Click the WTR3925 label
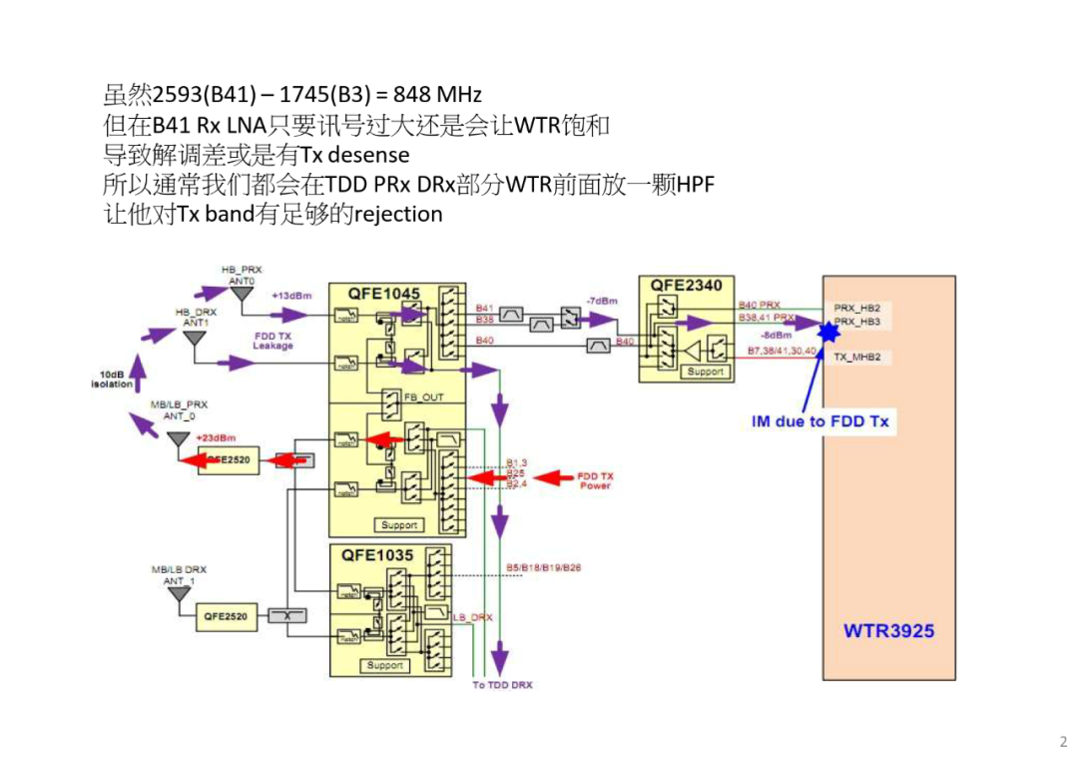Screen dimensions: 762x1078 coord(888,631)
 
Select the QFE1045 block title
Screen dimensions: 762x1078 coord(384,294)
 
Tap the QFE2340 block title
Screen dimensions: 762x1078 coord(686,285)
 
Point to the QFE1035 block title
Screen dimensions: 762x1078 coord(379,555)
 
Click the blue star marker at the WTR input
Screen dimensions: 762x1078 coord(827,332)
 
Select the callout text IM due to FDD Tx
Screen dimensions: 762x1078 coord(819,421)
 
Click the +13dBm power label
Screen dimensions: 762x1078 coord(291,296)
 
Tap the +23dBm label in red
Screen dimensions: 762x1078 coord(215,437)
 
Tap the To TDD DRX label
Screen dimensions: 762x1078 coord(502,685)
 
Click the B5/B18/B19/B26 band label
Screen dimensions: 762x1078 coord(543,567)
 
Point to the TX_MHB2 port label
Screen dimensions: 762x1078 coord(856,357)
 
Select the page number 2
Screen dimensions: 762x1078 coord(1063,741)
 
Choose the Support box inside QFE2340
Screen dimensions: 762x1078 coord(705,372)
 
